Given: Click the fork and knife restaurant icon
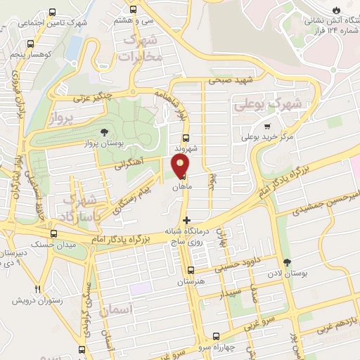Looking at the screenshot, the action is [x=39, y=288].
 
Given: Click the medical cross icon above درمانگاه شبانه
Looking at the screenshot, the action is [x=186, y=220].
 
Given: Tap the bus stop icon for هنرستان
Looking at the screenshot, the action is [x=190, y=270].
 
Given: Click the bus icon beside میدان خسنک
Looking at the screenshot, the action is [x=54, y=233].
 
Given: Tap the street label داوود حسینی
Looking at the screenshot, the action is [x=237, y=266].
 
